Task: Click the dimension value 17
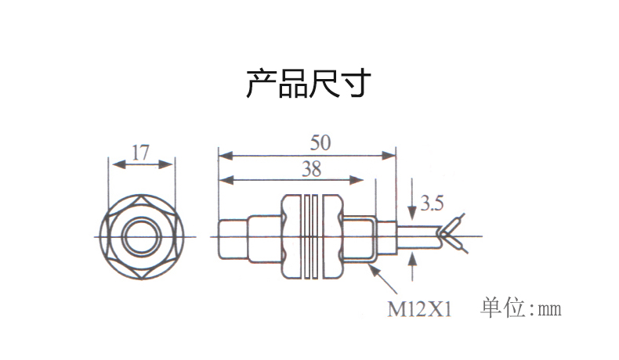coord(140,152)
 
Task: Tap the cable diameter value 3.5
coord(431,205)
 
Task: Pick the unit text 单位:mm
coord(521,308)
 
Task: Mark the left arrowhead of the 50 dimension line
coord(223,153)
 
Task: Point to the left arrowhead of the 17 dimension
coord(117,164)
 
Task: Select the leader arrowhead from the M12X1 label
coord(377,268)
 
